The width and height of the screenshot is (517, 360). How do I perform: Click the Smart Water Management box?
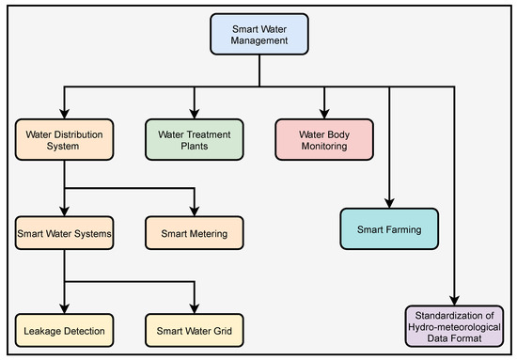pos(258,35)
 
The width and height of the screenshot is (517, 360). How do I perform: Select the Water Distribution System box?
pos(64,138)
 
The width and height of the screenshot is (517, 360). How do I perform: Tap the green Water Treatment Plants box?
pos(194,138)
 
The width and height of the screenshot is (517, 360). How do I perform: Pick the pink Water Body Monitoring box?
pos(324,138)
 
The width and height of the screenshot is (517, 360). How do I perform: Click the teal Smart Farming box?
pos(387,228)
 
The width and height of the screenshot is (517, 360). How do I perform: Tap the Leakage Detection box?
pos(64,330)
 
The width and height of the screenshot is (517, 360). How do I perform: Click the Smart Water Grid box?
pos(194,330)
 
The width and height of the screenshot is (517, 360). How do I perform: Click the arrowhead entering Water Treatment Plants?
pos(194,112)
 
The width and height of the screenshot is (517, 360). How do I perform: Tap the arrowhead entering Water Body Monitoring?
pos(324,112)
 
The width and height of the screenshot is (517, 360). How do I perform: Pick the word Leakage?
pos(42,330)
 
